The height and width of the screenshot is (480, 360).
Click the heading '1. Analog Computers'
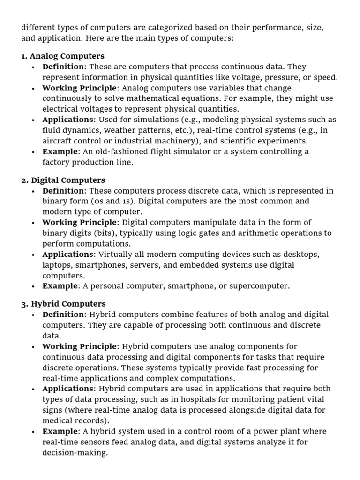click(x=62, y=56)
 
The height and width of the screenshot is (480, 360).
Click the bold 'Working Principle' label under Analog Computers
click(x=79, y=88)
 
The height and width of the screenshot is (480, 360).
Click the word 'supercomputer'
click(x=262, y=286)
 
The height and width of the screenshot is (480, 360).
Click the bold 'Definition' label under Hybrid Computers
click(x=63, y=315)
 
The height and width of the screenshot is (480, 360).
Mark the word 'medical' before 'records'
click(x=56, y=420)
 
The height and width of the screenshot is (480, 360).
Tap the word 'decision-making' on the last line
click(x=75, y=453)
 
